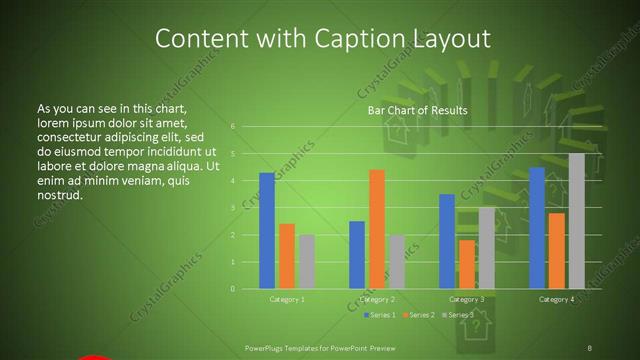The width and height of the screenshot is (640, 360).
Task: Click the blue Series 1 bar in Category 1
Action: [267, 231]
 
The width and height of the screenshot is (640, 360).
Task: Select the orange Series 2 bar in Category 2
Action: [377, 229]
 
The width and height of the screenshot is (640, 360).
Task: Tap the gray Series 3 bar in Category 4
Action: [576, 221]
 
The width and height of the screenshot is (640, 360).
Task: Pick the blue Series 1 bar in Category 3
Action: [447, 241]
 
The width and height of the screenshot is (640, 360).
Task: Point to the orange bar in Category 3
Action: [467, 264]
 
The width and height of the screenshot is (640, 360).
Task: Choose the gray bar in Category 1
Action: [306, 262]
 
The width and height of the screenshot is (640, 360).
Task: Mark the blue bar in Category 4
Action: [537, 228]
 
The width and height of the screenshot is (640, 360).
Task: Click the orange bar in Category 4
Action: [556, 251]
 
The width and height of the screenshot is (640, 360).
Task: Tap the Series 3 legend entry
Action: [458, 315]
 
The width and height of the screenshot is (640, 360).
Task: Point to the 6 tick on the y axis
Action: [232, 127]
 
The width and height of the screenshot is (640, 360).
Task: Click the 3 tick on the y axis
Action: [232, 208]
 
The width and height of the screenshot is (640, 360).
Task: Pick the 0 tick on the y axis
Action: [232, 289]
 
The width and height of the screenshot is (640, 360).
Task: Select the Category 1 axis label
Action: [287, 300]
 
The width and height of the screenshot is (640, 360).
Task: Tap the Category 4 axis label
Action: [557, 300]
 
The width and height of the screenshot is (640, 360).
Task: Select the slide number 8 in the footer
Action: [590, 347]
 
